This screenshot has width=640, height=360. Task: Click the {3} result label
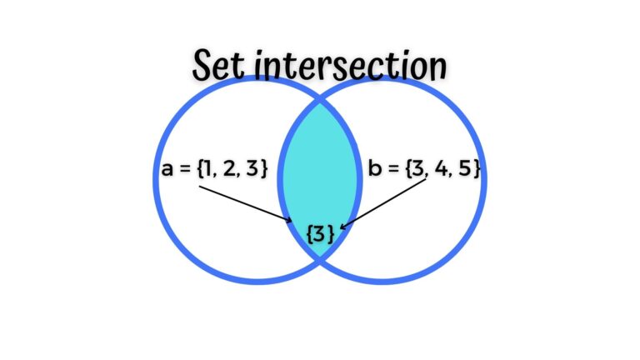coord(321,234)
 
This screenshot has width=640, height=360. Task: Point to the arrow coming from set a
coord(246,204)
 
